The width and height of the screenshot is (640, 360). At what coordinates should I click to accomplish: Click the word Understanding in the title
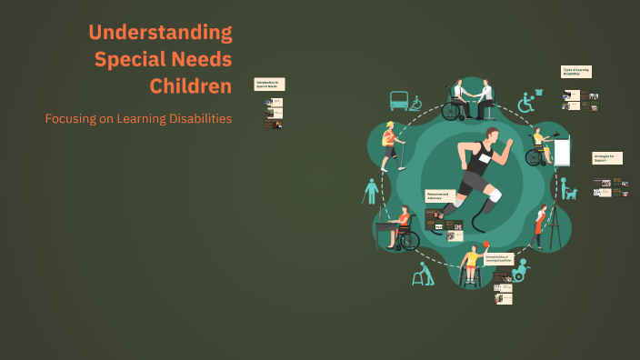pos(160,33)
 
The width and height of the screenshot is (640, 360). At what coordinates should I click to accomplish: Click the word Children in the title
pos(191,86)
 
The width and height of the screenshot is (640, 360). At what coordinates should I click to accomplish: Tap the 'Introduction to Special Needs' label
pos(270,84)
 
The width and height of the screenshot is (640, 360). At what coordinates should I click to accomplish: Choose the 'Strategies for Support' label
pos(607,157)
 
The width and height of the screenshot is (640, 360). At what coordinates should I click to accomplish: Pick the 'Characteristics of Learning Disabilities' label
pos(501,260)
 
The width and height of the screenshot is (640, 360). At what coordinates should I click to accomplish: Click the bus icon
pos(399,101)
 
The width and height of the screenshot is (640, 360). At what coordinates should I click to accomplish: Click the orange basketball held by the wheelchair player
pos(486,244)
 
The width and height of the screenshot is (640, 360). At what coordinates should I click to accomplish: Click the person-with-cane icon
pos(370,192)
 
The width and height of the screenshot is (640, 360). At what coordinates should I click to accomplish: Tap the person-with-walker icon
pos(422,274)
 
